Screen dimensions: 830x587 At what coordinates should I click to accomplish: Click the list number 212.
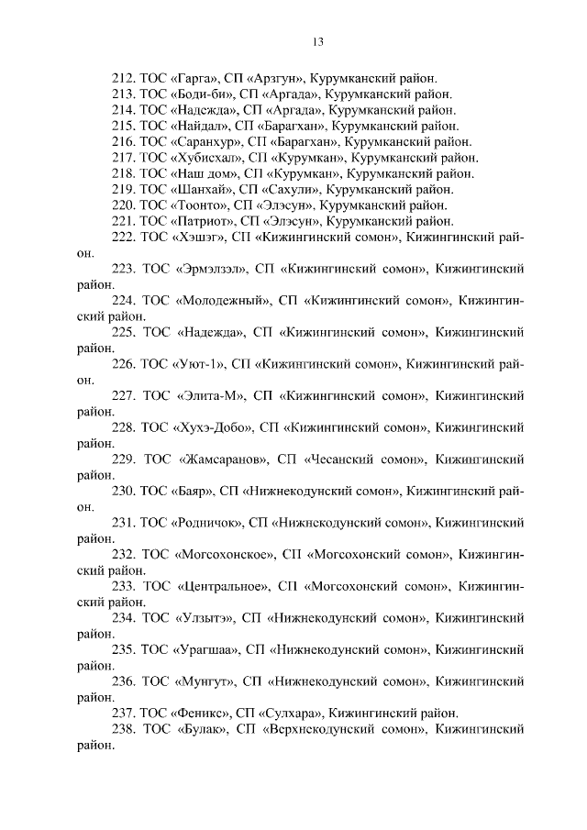pyautogui.click(x=123, y=78)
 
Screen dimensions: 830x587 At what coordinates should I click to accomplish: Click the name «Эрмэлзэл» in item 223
pyautogui.click(x=210, y=269)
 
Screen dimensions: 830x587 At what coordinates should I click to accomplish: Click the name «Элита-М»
pyautogui.click(x=206, y=396)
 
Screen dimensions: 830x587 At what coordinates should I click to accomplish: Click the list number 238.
pyautogui.click(x=123, y=730)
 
